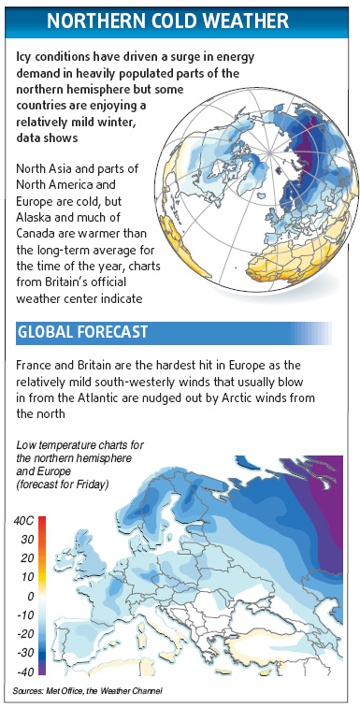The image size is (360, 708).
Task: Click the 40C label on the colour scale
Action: (25, 520)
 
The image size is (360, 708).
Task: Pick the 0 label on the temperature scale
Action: (31, 596)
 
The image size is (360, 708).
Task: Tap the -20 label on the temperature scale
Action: (27, 633)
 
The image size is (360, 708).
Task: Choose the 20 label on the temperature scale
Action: (29, 558)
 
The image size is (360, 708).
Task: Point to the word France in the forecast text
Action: (37, 363)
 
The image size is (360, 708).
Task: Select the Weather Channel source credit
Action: (133, 690)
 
